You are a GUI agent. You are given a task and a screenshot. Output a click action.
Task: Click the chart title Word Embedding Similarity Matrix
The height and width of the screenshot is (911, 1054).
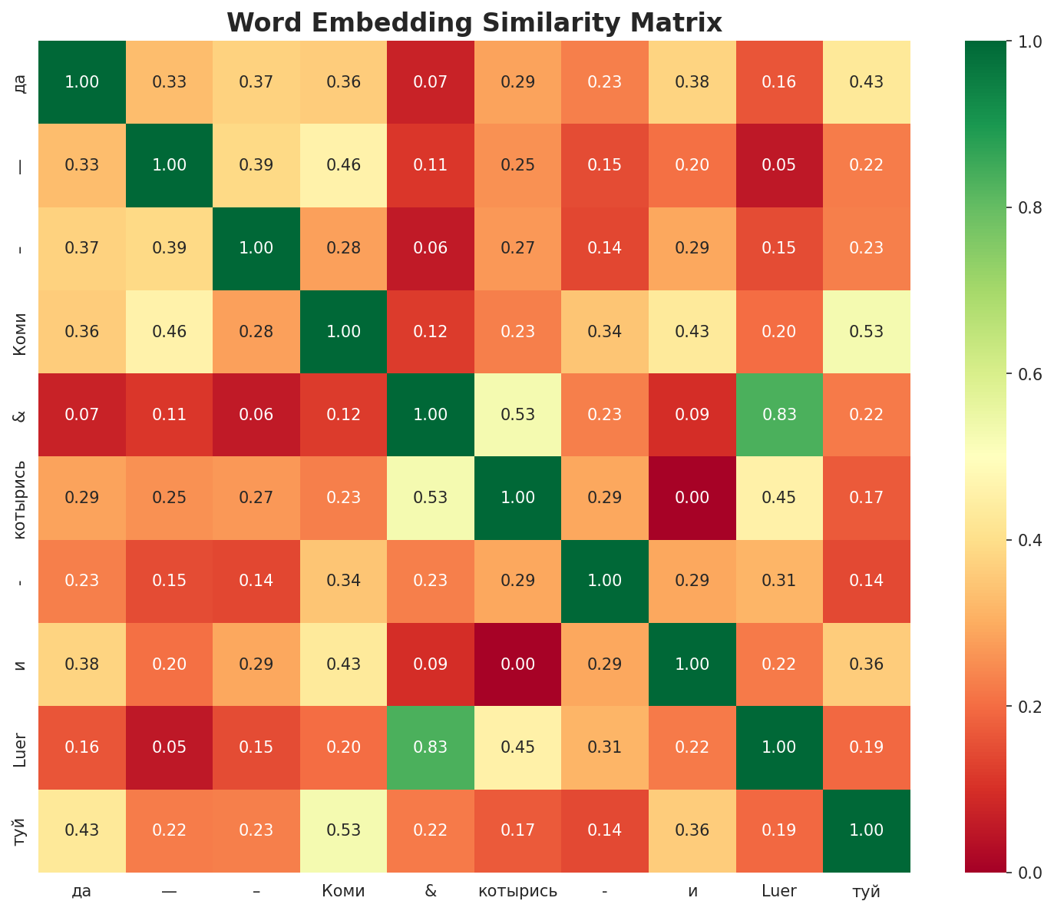(474, 23)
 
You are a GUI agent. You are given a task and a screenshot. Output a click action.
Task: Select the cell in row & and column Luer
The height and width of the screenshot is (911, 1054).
(779, 415)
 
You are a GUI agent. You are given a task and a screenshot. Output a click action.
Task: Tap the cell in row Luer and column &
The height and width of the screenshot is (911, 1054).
(431, 747)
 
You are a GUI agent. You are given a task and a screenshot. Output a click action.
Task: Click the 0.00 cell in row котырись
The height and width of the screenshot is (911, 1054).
(692, 498)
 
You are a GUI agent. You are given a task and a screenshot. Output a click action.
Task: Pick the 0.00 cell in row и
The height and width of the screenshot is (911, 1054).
(518, 664)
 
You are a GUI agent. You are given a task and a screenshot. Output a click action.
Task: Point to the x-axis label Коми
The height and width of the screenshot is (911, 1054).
(343, 891)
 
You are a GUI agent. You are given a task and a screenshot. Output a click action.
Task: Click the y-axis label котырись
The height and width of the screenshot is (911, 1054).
(21, 498)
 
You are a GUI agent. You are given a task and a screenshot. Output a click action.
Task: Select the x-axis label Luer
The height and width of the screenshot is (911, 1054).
(779, 891)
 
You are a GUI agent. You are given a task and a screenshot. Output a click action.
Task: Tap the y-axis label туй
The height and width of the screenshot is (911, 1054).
(21, 830)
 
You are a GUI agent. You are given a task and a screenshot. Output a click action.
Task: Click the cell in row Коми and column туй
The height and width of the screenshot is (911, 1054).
(867, 332)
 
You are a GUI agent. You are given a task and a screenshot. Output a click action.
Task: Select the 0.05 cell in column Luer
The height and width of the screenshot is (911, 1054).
(779, 165)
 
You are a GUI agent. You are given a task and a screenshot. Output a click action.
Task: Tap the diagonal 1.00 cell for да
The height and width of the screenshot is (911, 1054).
(82, 82)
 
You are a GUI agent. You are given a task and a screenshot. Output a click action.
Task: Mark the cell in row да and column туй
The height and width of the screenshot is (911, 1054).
(867, 82)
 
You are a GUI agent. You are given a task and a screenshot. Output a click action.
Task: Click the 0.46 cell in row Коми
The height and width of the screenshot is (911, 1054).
(169, 332)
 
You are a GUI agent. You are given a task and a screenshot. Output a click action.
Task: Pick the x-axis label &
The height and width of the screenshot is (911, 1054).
(431, 891)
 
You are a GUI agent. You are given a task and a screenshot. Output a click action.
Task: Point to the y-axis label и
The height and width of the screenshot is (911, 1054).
(21, 664)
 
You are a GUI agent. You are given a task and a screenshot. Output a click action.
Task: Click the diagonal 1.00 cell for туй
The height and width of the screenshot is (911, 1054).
(867, 830)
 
